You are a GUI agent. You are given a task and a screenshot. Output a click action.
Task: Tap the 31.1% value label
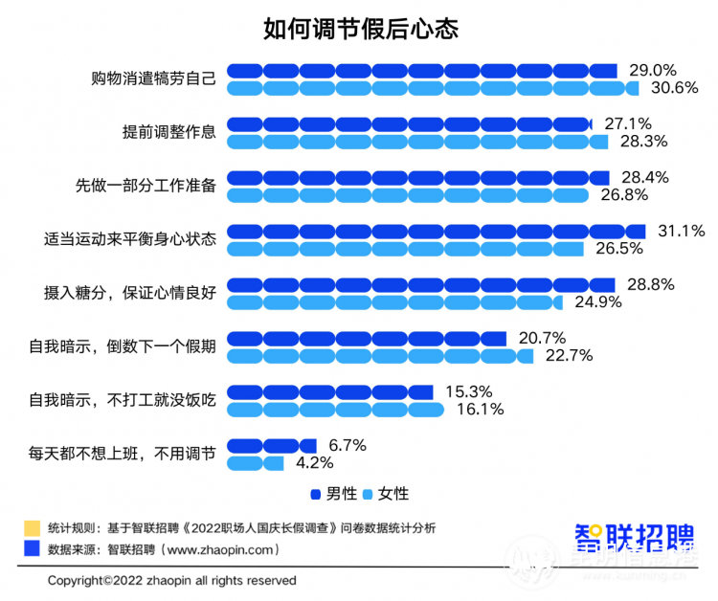[681, 231]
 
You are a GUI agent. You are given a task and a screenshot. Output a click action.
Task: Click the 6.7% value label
[347, 445]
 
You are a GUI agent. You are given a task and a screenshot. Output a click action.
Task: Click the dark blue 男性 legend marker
[316, 495]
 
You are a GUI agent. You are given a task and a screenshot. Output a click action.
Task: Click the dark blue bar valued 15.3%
[330, 392]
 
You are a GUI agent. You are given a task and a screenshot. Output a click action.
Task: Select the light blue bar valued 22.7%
[380, 356]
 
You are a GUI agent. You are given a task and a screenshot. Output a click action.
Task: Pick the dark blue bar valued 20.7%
[366, 339]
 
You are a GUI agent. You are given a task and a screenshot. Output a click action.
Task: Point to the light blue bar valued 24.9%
[395, 302]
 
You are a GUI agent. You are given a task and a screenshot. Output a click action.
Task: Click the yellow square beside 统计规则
[32, 527]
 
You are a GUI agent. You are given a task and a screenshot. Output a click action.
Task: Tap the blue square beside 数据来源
[32, 548]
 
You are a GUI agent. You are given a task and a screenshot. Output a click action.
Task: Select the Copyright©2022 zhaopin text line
[172, 581]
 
